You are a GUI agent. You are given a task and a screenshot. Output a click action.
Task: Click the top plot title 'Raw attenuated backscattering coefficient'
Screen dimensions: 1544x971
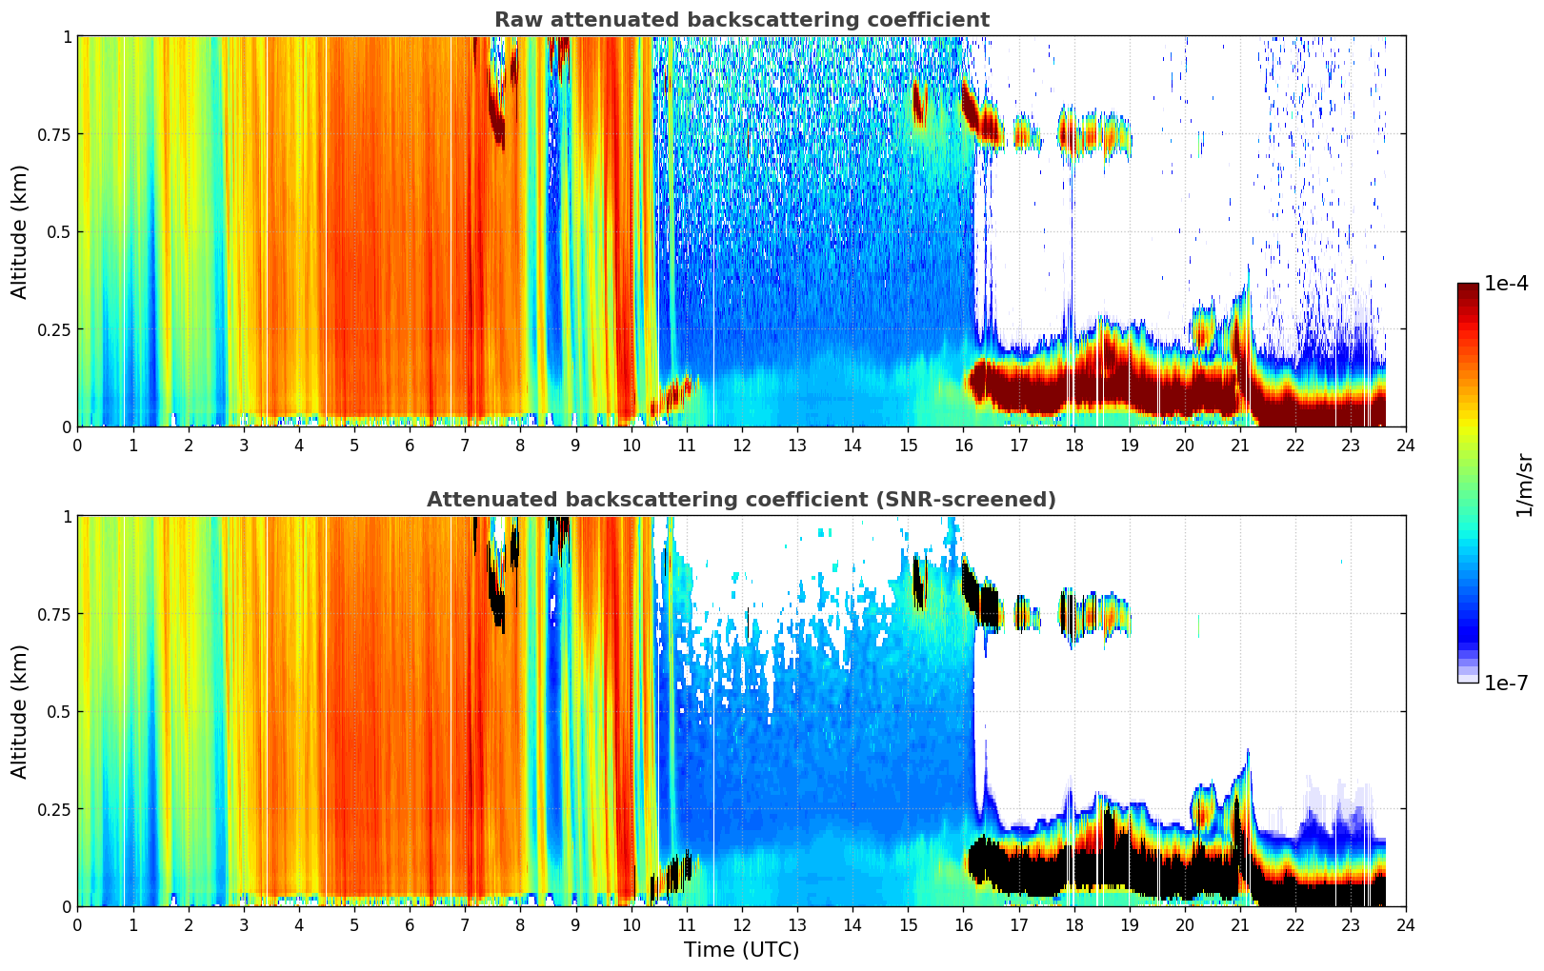tap(742, 19)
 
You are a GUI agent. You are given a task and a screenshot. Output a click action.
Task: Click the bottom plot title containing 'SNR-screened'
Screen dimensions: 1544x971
tap(742, 499)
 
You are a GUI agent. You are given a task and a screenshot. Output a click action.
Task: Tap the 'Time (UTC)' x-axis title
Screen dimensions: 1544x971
tap(742, 950)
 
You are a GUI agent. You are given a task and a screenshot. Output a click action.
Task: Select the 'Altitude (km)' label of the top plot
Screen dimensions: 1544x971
tap(19, 232)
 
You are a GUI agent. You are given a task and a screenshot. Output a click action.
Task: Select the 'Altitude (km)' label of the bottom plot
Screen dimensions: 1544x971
tap(19, 712)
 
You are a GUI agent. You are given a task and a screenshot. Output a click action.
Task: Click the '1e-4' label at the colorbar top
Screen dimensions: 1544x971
tap(1507, 283)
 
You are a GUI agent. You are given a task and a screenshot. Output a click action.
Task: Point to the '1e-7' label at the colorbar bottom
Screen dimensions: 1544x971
tap(1507, 684)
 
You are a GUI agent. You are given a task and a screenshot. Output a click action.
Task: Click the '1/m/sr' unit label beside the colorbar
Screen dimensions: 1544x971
tap(1525, 485)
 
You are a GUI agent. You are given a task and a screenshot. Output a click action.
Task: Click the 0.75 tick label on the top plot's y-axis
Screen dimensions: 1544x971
tap(54, 134)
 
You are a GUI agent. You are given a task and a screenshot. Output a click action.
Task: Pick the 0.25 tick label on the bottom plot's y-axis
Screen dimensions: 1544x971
tap(54, 809)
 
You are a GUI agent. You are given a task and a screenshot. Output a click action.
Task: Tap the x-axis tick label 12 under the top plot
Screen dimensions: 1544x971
tap(742, 446)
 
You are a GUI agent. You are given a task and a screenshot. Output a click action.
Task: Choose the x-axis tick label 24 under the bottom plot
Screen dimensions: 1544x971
tap(1406, 925)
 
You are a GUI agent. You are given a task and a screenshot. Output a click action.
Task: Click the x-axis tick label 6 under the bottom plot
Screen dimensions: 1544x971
tap(410, 925)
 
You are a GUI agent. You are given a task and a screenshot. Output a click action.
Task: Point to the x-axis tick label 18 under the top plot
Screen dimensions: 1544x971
tap(1073, 446)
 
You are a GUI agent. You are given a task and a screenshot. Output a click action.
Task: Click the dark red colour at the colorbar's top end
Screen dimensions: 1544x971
tap(1468, 287)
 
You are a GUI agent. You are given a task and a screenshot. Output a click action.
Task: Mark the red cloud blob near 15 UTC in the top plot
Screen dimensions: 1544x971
tap(918, 104)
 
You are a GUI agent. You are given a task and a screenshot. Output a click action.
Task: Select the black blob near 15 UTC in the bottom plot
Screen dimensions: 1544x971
tap(918, 583)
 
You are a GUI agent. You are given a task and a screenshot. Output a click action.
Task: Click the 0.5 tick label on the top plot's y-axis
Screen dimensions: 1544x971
tap(60, 232)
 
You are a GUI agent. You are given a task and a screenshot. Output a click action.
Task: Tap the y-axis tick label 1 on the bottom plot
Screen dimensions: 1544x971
tap(68, 517)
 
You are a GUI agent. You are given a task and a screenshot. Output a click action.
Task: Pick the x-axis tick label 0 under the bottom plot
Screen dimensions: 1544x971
tap(77, 925)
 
